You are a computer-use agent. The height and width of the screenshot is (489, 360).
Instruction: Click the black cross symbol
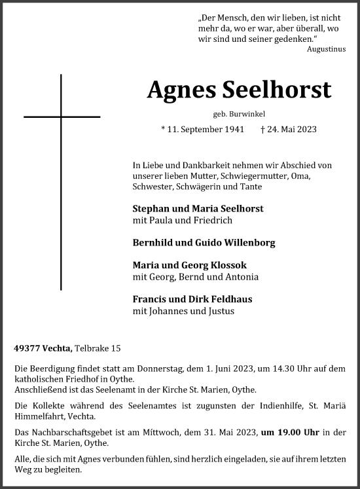(62, 117)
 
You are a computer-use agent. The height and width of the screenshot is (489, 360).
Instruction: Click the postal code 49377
(27, 348)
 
